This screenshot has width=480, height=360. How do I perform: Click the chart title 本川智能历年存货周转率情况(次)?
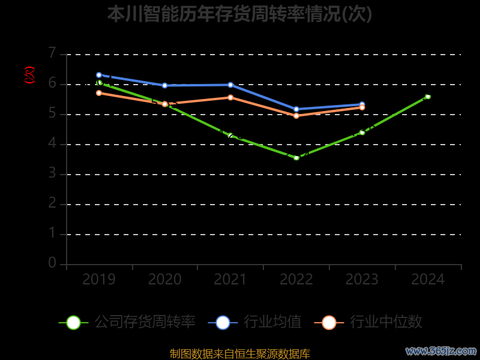(x=239, y=14)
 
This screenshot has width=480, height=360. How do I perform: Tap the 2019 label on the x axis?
(x=99, y=279)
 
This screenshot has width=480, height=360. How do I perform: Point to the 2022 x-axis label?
(x=296, y=279)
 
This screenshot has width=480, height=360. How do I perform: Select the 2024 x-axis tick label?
(x=428, y=279)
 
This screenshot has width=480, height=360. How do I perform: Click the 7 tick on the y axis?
(x=52, y=53)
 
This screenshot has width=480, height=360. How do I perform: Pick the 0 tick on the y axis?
(x=52, y=263)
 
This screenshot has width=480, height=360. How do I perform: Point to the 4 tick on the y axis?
(x=52, y=143)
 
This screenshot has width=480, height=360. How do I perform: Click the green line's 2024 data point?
(x=428, y=97)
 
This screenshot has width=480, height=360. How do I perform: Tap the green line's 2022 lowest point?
(x=296, y=158)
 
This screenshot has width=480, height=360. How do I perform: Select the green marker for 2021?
(x=230, y=136)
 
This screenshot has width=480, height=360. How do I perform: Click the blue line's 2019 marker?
(x=99, y=75)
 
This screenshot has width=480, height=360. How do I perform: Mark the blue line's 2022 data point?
(x=296, y=109)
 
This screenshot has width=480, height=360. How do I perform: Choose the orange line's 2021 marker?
(x=230, y=97)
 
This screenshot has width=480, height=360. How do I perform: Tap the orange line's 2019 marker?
(x=99, y=93)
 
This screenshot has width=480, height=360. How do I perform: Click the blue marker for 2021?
(x=230, y=85)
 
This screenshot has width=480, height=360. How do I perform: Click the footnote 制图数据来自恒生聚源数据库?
(x=239, y=353)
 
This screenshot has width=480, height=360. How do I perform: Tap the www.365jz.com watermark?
(x=441, y=350)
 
